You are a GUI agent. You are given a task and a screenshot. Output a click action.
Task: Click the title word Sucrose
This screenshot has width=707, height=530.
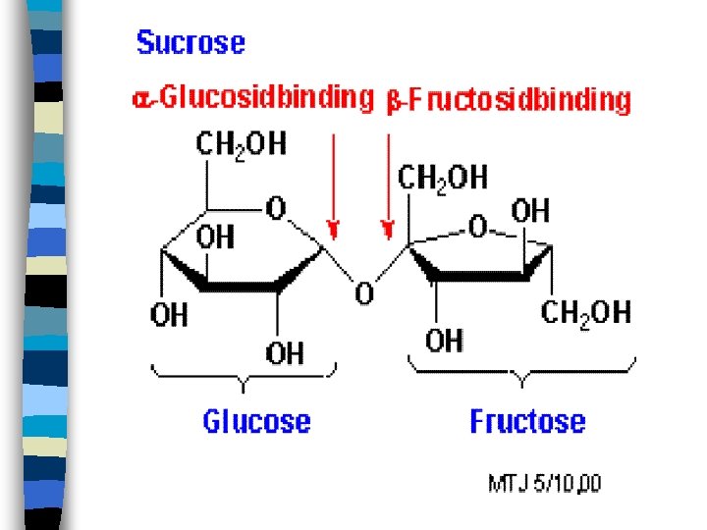point(190,43)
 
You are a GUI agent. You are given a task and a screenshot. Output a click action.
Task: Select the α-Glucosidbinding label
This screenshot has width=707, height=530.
point(252,97)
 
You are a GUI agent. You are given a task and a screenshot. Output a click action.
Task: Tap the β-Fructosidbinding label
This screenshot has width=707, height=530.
point(509,100)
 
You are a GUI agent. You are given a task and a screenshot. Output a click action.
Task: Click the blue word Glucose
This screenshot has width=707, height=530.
point(256,422)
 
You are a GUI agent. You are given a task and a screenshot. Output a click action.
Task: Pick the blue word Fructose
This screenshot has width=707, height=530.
point(527,422)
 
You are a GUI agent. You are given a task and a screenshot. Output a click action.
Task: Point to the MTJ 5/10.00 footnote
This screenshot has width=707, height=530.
point(545,483)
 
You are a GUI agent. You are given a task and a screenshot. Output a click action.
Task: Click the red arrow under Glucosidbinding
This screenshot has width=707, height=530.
point(334,186)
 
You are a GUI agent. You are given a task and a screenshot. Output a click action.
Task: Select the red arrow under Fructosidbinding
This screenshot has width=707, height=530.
point(389,186)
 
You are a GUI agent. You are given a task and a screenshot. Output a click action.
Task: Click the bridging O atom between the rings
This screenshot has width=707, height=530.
point(364,292)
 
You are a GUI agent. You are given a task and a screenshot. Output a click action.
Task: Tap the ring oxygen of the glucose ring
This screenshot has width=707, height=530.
point(276,208)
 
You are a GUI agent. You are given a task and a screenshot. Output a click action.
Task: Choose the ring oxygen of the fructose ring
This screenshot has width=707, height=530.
point(477,228)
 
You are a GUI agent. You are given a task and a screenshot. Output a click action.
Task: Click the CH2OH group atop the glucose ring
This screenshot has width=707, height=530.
point(242,145)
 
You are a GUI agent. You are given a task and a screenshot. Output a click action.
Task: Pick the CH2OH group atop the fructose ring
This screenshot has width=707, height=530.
point(442,178)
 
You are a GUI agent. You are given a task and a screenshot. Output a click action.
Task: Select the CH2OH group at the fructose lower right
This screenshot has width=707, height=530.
point(585,313)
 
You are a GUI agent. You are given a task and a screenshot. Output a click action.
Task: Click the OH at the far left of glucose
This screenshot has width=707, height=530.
point(168,315)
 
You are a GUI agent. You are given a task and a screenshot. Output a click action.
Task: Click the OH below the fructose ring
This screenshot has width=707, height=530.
point(444,341)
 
